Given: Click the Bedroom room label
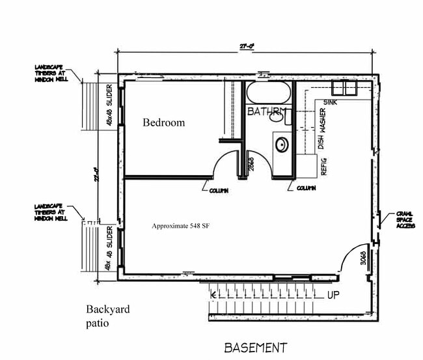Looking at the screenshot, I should coord(164,122).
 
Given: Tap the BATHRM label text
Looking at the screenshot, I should coord(266,112).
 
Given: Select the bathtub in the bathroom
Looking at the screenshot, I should coord(268,93).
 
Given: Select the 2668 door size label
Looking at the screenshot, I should coord(251,163).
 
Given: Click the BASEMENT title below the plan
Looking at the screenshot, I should coord(255,348).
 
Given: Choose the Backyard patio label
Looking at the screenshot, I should coord(108,315).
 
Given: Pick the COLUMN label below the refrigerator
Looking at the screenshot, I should coord(305,188).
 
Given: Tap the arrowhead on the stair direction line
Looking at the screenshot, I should coord(213,295).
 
